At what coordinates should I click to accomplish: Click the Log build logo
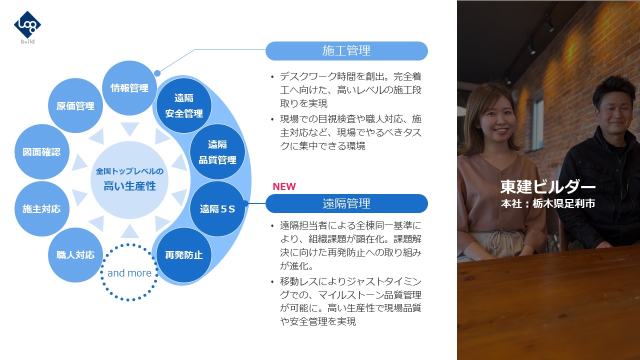tap(27, 27)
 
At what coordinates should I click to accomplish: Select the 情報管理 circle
tap(129, 88)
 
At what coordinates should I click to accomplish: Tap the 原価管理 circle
tap(75, 105)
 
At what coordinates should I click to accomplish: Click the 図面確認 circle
tap(41, 151)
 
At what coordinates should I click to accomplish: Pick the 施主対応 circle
tap(41, 209)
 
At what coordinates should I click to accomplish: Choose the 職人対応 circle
tap(75, 255)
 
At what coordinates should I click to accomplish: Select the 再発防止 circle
tap(184, 255)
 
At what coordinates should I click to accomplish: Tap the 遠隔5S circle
tap(217, 209)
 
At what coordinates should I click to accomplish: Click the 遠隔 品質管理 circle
tap(217, 151)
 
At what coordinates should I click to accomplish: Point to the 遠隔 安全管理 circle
tap(184, 105)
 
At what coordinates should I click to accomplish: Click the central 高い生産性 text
tap(129, 186)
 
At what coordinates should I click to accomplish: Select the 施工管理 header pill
tap(346, 51)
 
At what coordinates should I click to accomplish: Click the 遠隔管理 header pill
tap(346, 203)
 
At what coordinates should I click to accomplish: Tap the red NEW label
tap(284, 186)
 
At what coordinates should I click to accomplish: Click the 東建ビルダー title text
tap(547, 187)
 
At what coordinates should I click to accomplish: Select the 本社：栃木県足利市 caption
tap(547, 203)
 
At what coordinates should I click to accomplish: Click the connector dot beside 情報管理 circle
tap(157, 73)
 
